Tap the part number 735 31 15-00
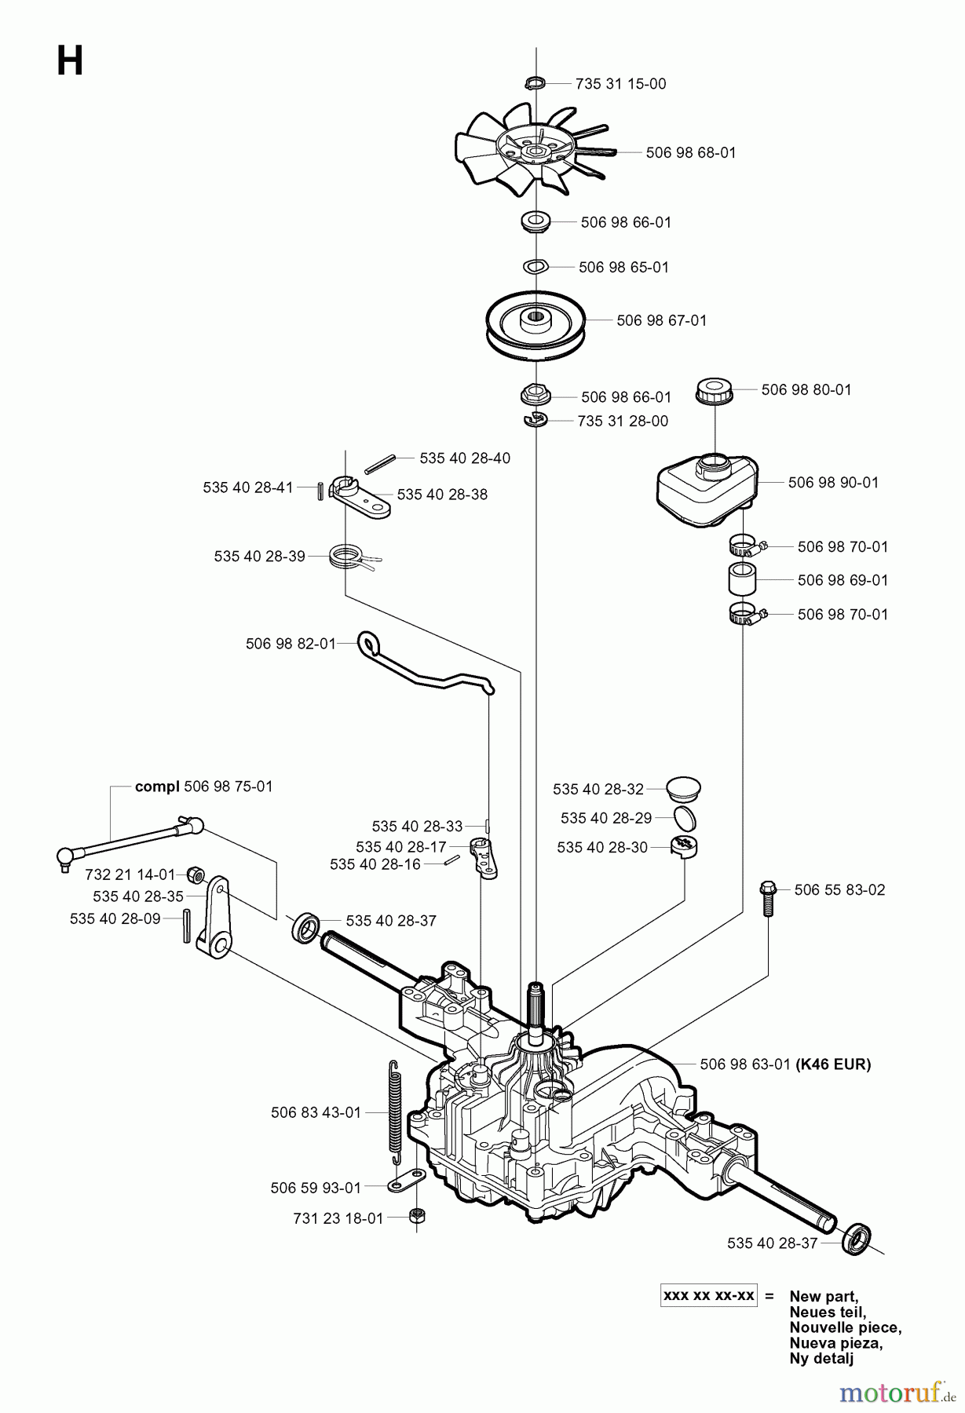coord(620,84)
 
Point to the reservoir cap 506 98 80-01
coord(715,390)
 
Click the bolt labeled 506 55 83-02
coord(767,897)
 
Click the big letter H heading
coord(70,60)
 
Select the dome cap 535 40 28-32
coord(683,787)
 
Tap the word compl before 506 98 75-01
coord(157,787)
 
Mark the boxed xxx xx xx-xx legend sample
coord(708,1296)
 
